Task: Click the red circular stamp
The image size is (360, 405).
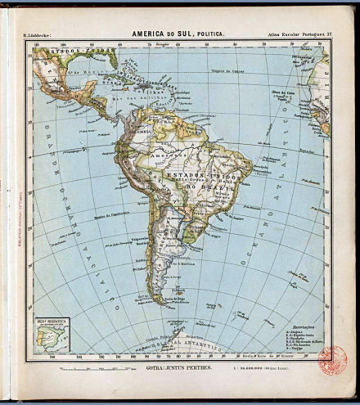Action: [332, 360]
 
